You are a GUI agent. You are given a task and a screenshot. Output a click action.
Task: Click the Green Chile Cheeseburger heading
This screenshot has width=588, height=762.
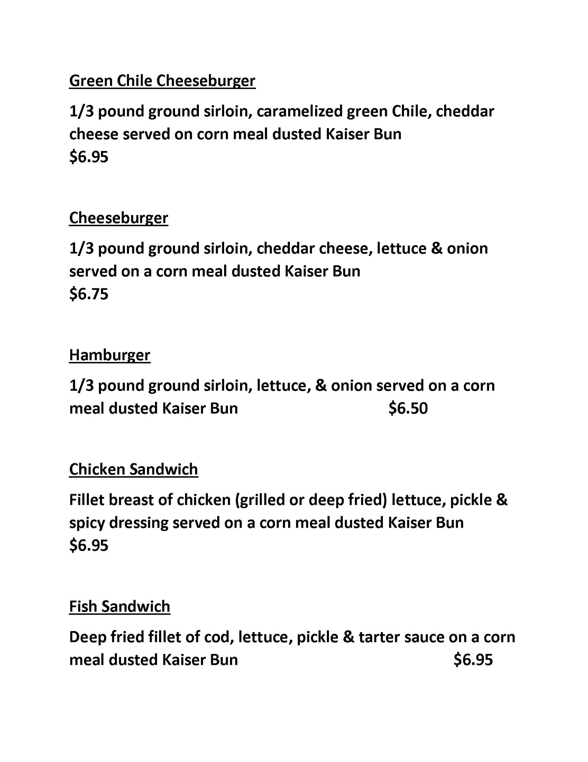point(162,81)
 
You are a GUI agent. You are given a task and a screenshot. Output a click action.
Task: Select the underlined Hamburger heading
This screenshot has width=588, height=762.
point(110,355)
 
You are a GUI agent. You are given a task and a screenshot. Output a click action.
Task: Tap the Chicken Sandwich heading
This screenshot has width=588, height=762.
point(133,469)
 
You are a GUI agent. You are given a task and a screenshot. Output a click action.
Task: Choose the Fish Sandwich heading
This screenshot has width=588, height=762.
point(120,606)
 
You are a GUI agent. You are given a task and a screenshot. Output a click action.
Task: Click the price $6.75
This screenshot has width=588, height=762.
point(89,294)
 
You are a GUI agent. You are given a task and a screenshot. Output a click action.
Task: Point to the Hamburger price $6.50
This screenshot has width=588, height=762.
point(408,409)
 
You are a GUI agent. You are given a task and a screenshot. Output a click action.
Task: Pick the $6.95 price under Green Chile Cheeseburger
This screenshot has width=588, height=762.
point(89,157)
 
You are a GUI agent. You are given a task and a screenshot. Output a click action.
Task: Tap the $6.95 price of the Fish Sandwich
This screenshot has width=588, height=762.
point(473,660)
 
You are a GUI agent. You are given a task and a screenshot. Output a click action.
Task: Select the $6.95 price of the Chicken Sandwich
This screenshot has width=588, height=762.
point(89,545)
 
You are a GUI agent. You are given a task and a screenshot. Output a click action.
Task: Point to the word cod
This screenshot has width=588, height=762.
point(219,637)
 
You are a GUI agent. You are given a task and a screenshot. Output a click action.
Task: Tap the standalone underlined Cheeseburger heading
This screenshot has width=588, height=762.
point(119,218)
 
